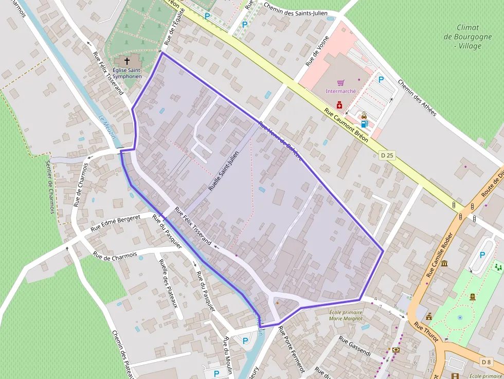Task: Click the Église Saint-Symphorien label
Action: pyautogui.click(x=127, y=73)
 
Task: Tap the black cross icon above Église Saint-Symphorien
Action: pyautogui.click(x=127, y=61)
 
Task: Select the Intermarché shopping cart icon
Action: pyautogui.click(x=340, y=83)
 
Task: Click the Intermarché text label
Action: pyautogui.click(x=341, y=91)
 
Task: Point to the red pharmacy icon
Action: pyautogui.click(x=339, y=105)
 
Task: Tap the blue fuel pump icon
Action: pyautogui.click(x=364, y=123)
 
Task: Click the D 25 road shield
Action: pyautogui.click(x=387, y=155)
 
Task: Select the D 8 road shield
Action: pyautogui.click(x=487, y=362)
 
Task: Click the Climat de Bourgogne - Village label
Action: pyautogui.click(x=467, y=37)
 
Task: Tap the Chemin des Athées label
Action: pyautogui.click(x=417, y=98)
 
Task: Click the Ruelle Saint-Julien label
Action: pyautogui.click(x=224, y=171)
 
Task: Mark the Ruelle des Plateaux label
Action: pyautogui.click(x=168, y=282)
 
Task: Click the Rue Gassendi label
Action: pyautogui.click(x=355, y=347)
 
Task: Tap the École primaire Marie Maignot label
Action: pyautogui.click(x=346, y=315)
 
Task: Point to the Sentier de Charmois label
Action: pyautogui.click(x=50, y=187)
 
